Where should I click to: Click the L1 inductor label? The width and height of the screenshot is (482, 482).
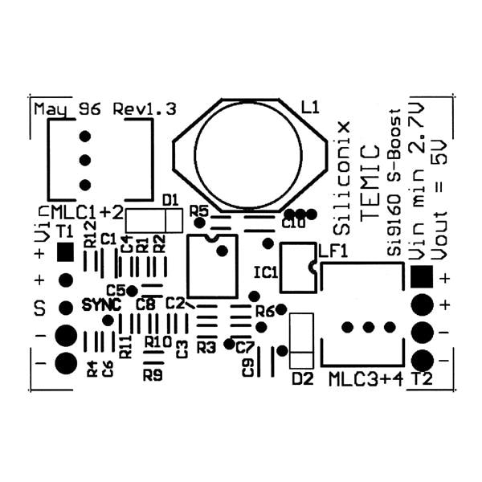click(x=309, y=107)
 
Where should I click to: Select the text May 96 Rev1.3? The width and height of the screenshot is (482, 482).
click(x=104, y=108)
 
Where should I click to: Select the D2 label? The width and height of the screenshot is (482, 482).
click(x=301, y=378)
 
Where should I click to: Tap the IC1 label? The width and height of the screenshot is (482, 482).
click(x=265, y=272)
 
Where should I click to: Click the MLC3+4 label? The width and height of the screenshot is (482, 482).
click(x=365, y=378)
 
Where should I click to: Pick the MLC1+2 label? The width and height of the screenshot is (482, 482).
click(x=87, y=212)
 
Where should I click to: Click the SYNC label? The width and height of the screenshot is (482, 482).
click(x=101, y=306)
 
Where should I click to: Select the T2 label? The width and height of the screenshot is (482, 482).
click(x=422, y=378)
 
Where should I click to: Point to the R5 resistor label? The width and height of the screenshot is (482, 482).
click(x=198, y=210)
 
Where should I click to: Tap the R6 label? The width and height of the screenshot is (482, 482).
click(x=264, y=311)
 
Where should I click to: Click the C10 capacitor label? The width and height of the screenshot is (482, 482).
click(x=293, y=224)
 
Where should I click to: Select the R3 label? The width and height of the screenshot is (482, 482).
click(x=206, y=347)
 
